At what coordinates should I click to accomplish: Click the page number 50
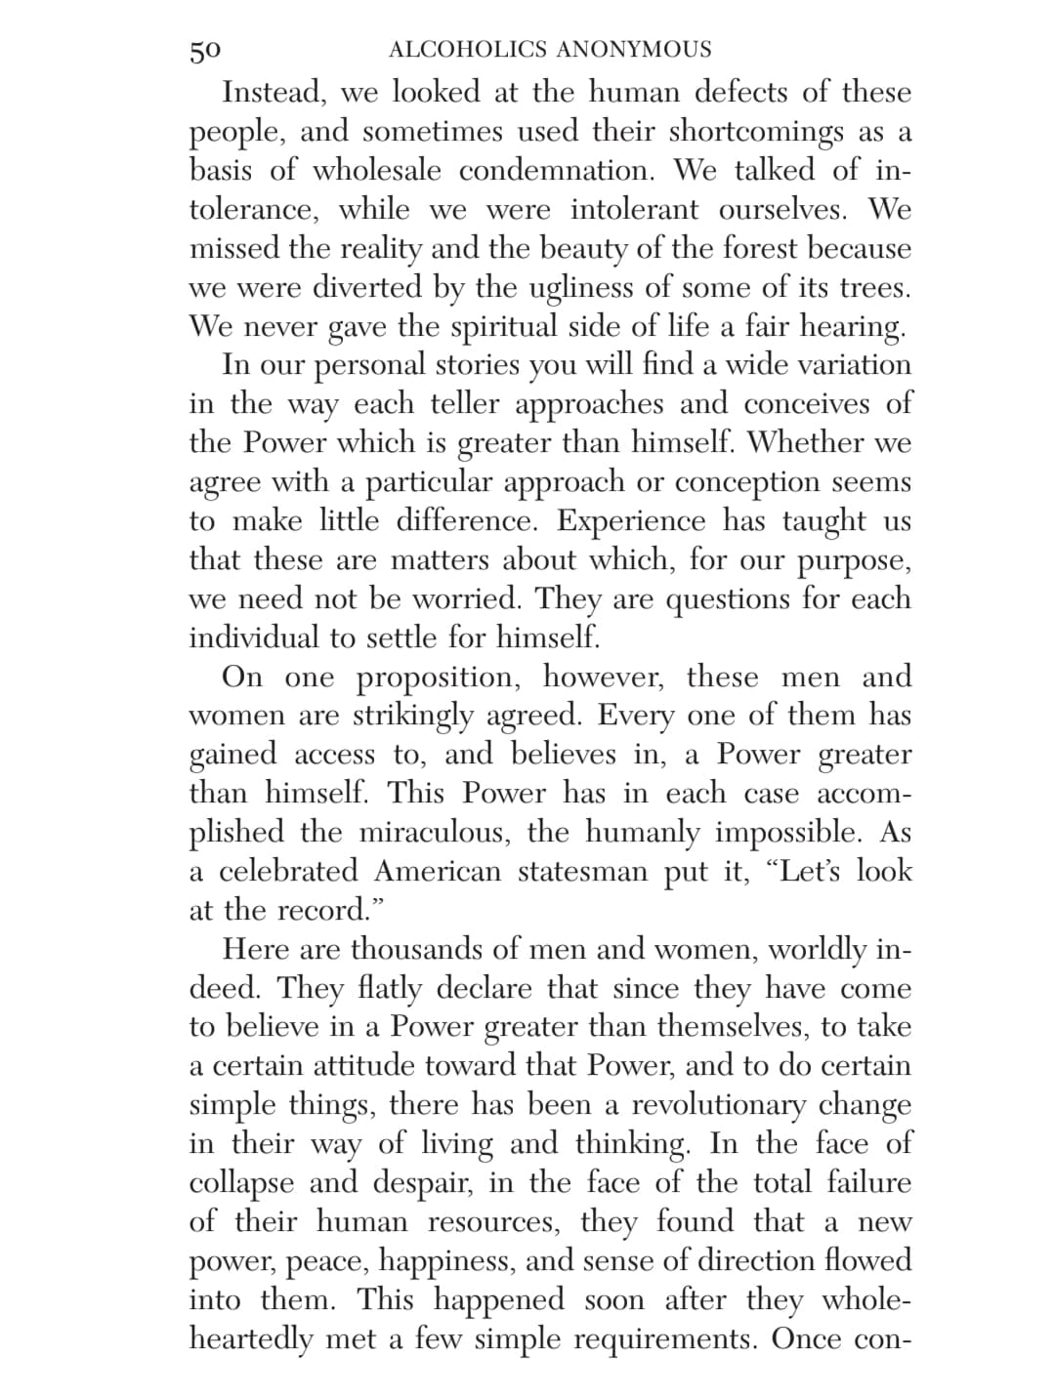click(x=205, y=50)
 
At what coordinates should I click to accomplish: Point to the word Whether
click(x=805, y=442)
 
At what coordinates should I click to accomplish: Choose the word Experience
click(x=633, y=521)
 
